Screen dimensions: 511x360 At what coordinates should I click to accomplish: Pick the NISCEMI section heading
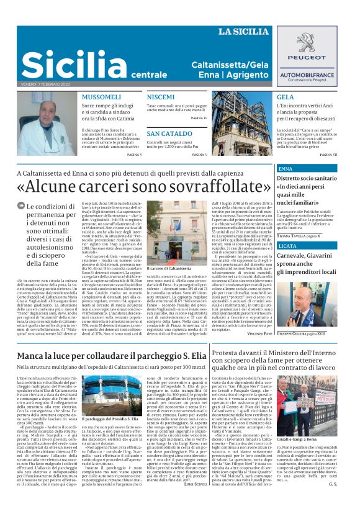(161, 97)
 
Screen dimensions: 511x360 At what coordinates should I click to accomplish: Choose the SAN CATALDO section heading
(169, 133)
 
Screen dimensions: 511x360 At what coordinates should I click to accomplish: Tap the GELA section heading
(286, 97)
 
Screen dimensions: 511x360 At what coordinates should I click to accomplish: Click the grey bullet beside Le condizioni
(22, 206)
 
